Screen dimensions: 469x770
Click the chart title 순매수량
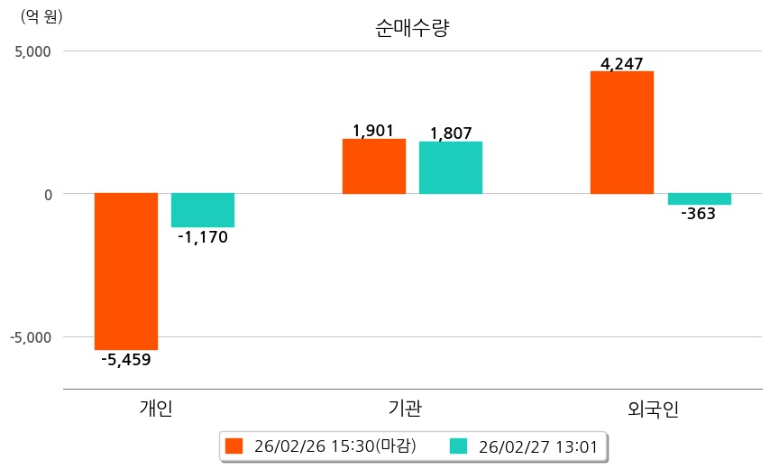tap(412, 28)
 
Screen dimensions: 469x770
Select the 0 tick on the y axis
tap(47, 194)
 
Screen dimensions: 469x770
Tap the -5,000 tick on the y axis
tap(31, 337)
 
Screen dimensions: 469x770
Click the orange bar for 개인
tap(126, 271)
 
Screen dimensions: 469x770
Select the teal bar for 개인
tap(203, 209)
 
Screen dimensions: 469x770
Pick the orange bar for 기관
tap(373, 167)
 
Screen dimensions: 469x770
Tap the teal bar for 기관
tap(451, 168)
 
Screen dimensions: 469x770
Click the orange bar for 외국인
tap(622, 133)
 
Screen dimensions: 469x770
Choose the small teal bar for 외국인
tap(699, 199)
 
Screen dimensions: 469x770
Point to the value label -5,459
tap(126, 360)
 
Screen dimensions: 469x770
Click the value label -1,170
tap(203, 238)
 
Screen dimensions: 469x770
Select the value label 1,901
tap(373, 131)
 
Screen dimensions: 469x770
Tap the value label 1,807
tap(451, 133)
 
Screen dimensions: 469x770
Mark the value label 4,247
tap(622, 64)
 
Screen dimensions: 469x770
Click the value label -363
tap(699, 215)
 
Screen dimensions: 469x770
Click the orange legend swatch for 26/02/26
tap(235, 446)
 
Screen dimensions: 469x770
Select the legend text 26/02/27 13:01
tap(537, 446)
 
